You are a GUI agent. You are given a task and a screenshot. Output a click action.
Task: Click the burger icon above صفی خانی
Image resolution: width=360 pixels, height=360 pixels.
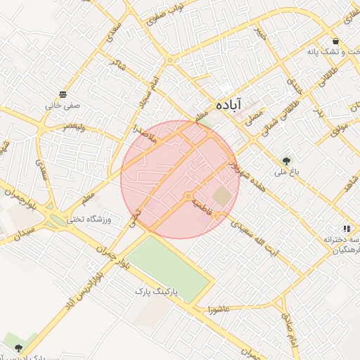(x=63, y=94)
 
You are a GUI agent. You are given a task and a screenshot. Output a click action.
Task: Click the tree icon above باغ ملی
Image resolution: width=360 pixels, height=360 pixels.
(x=286, y=160)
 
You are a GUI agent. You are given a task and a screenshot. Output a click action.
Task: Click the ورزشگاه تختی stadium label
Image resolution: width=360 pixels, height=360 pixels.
(x=91, y=219)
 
